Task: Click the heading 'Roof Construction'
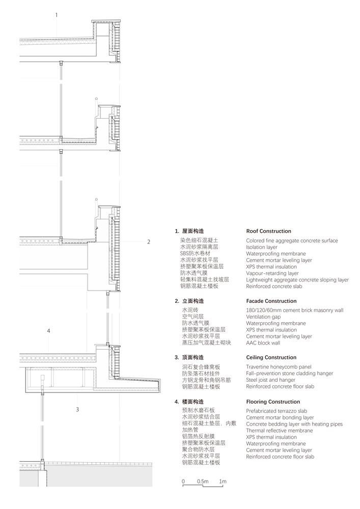(268, 231)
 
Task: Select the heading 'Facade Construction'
(271, 301)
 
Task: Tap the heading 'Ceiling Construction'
(271, 357)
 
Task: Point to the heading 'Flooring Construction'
(273, 402)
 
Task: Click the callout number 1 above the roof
(57, 15)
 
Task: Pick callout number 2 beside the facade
(149, 242)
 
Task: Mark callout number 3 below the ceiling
(77, 410)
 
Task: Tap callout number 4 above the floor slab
(49, 331)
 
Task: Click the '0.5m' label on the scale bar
(203, 482)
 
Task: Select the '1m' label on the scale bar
(223, 482)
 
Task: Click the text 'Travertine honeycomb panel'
(279, 367)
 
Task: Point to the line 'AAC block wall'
(263, 343)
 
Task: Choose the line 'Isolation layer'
(262, 247)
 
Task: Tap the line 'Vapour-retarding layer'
(272, 273)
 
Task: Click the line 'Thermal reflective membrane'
(280, 431)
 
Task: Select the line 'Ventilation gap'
(263, 317)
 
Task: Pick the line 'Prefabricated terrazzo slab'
(276, 411)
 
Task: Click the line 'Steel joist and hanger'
(271, 380)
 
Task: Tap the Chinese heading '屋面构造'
(193, 231)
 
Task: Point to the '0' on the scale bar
(183, 482)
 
